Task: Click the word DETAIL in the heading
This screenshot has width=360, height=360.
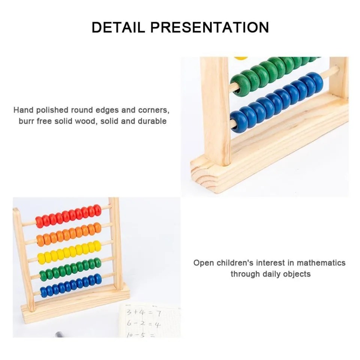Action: [118, 27]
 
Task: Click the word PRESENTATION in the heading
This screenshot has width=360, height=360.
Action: [209, 27]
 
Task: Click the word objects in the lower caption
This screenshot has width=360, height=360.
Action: [296, 274]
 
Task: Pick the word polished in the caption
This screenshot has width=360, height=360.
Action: [50, 110]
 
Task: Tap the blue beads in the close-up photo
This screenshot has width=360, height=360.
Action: [276, 101]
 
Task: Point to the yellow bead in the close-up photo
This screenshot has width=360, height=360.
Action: [241, 58]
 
